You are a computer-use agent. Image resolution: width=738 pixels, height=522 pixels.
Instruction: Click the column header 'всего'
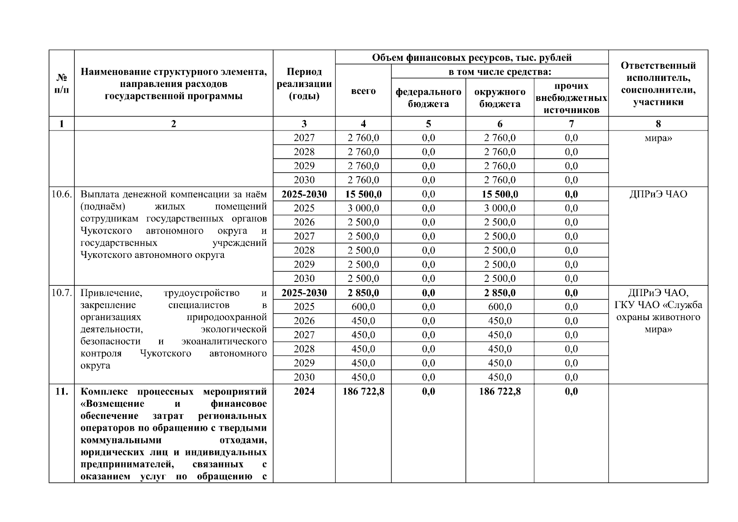coord(363,91)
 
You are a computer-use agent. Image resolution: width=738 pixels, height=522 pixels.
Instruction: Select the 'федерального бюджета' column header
coord(428,98)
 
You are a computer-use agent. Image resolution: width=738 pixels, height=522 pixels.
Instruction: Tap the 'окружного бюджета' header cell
coord(499,98)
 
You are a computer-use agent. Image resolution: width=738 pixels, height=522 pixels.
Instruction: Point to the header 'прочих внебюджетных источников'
coord(571,98)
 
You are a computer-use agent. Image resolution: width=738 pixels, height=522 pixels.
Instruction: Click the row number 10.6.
coord(61,194)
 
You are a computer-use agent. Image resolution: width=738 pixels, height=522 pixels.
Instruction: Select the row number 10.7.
coord(61,293)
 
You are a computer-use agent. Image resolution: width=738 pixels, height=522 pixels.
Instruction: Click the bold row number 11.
coord(62,391)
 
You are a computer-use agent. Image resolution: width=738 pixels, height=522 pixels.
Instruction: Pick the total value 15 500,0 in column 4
coord(363,194)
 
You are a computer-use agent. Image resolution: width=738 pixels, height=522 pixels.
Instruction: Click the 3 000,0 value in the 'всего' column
coord(363,208)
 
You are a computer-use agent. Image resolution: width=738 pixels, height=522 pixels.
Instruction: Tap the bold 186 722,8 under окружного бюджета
coord(499,391)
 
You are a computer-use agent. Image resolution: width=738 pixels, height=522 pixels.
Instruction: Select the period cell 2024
coord(304,391)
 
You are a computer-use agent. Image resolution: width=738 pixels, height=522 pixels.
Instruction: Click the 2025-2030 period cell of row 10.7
coord(304,293)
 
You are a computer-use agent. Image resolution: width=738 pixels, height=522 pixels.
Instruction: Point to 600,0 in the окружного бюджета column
coord(499,307)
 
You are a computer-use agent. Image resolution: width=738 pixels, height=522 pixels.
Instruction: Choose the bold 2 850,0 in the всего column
coord(363,293)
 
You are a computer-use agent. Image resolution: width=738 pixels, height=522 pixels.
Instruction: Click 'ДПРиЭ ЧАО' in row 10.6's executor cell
coord(658,194)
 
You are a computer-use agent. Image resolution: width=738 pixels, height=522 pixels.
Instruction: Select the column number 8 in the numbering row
coord(658,124)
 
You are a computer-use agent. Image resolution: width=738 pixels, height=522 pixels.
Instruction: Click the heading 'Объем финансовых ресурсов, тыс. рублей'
coord(472,57)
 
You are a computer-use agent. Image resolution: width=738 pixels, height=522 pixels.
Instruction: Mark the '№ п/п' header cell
coord(62,84)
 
